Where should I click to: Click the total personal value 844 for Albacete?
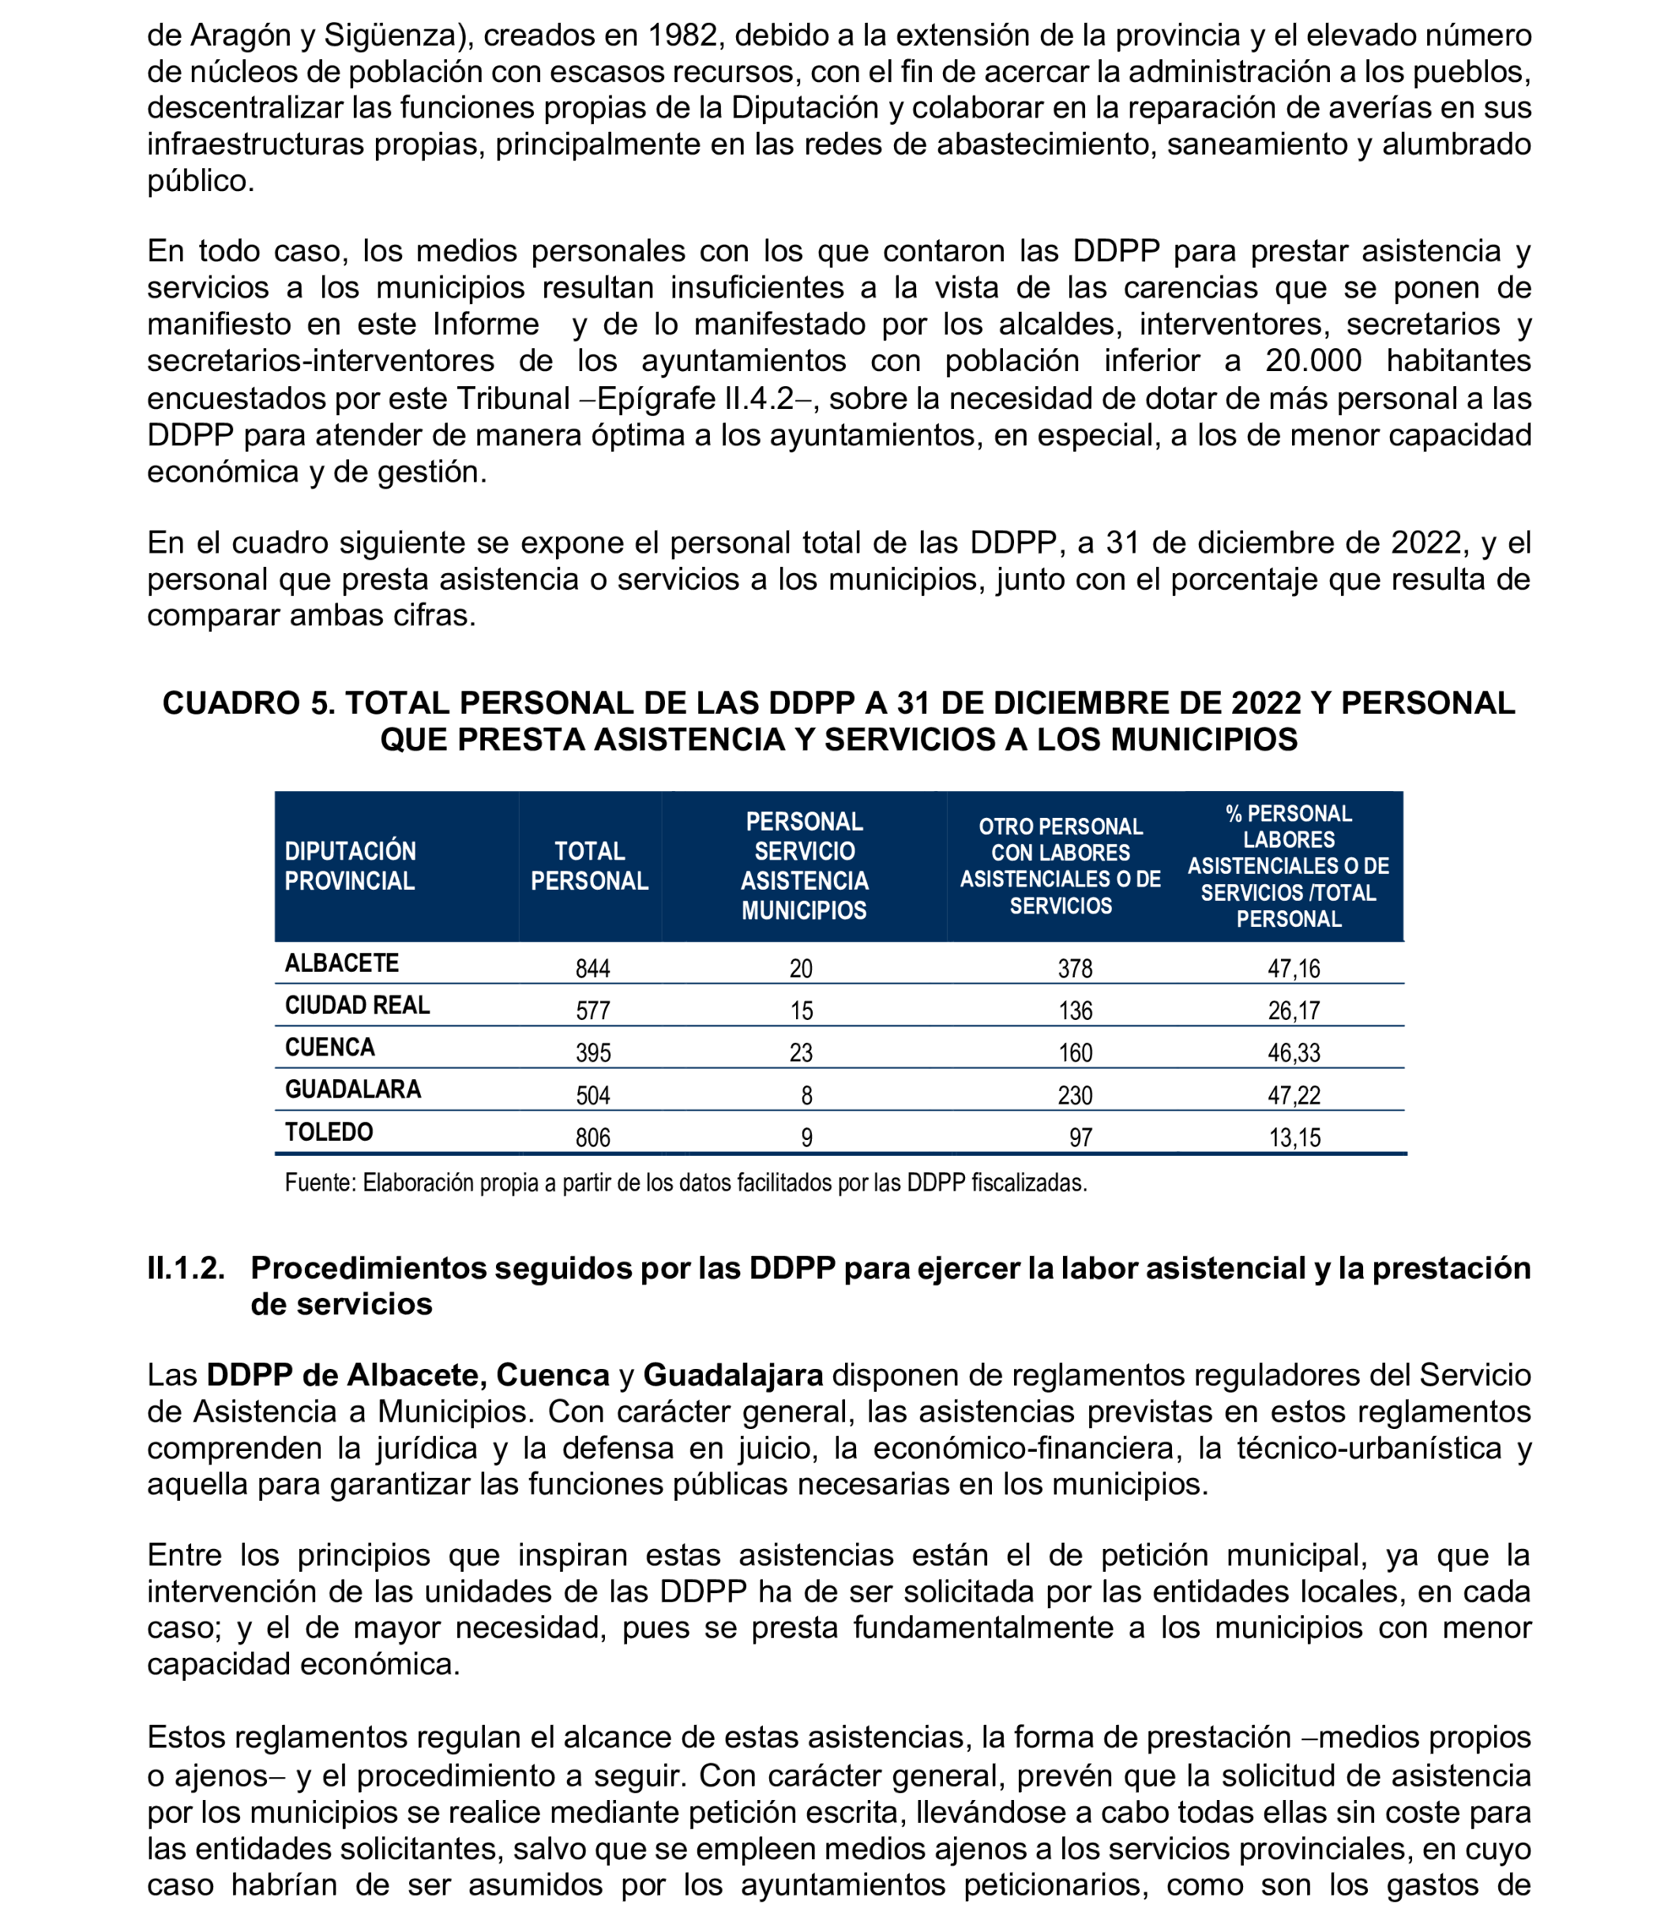click(592, 969)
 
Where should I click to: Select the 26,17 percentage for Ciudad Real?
click(1293, 1011)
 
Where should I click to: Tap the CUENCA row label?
click(330, 1047)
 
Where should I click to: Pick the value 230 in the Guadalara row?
click(1075, 1095)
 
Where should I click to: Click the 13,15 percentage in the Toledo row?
click(1294, 1137)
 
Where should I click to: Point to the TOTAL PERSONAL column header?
click(589, 865)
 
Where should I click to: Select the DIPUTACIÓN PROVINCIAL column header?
click(351, 865)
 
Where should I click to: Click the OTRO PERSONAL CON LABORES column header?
click(1060, 865)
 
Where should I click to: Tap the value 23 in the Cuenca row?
click(801, 1052)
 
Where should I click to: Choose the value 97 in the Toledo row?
click(1080, 1137)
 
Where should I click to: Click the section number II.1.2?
click(186, 1268)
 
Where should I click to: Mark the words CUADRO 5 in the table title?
click(248, 703)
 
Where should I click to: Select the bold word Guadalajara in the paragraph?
click(733, 1375)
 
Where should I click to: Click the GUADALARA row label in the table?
click(353, 1089)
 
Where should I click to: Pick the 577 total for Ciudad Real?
click(592, 1011)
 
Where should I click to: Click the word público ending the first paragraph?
click(200, 181)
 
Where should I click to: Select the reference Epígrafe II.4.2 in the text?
click(694, 398)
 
